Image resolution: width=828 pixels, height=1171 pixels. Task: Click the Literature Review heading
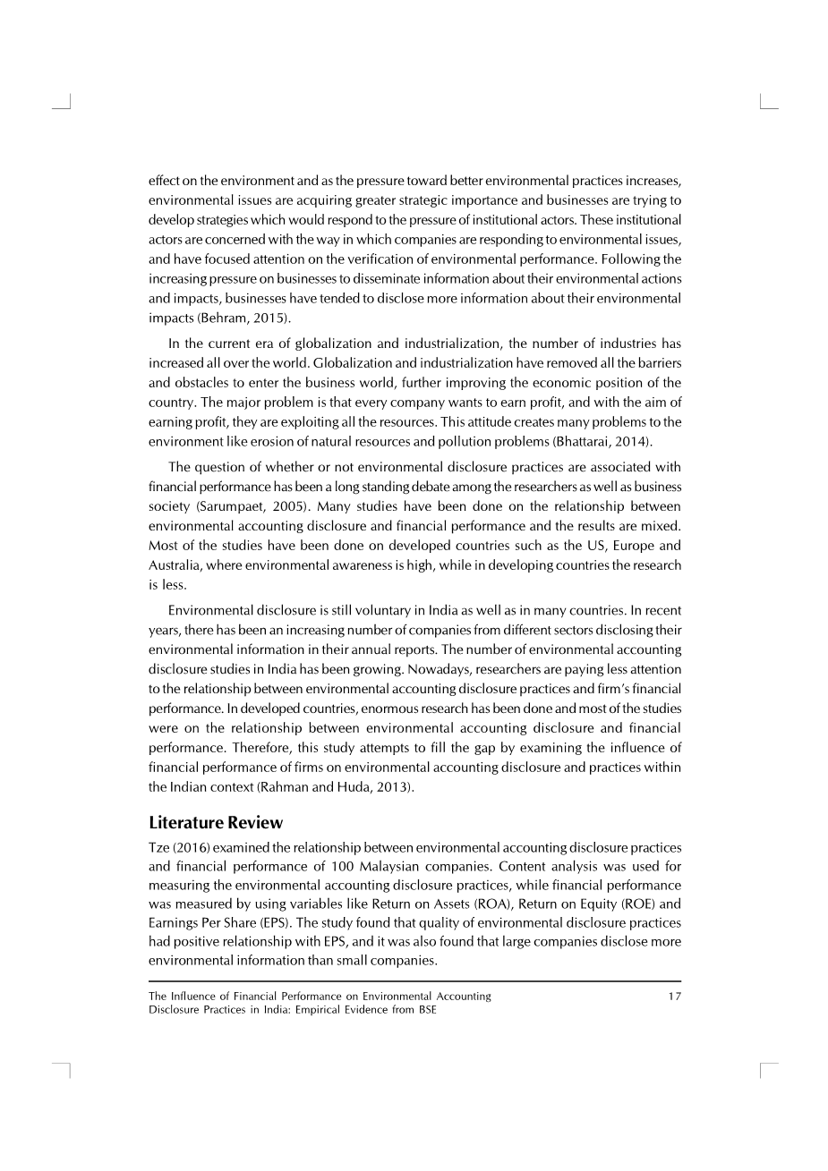pyautogui.click(x=215, y=823)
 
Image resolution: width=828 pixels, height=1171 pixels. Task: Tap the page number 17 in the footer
pyautogui.click(x=674, y=997)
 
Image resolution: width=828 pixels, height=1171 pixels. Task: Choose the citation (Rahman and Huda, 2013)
pyautogui.click(x=336, y=787)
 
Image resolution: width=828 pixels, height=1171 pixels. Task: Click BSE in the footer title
pyautogui.click(x=427, y=1010)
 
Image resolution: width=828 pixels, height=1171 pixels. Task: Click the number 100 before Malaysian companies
pyautogui.click(x=375, y=867)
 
